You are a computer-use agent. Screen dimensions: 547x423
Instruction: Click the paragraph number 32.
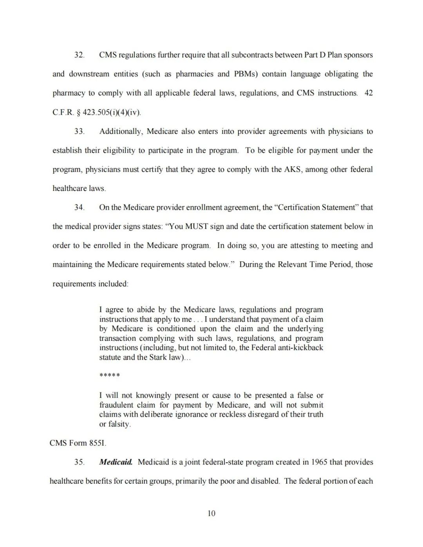[x=79, y=55]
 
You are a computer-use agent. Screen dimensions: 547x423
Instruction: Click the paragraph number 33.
[x=79, y=131]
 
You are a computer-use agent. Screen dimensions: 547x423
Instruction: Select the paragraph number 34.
[x=79, y=207]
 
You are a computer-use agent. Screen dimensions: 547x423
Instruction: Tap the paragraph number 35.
[x=79, y=462]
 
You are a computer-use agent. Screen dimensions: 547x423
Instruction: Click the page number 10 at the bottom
[x=211, y=513]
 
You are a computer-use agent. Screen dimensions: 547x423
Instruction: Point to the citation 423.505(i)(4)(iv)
[x=112, y=113]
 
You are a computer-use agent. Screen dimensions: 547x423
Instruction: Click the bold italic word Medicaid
[x=116, y=462]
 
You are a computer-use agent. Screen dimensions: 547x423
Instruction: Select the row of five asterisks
[x=110, y=376]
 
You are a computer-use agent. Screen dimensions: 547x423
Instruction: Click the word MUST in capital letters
[x=197, y=227]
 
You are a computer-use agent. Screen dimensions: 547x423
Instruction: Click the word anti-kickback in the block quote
[x=300, y=347]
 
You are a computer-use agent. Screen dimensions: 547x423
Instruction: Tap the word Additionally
[x=121, y=131]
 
